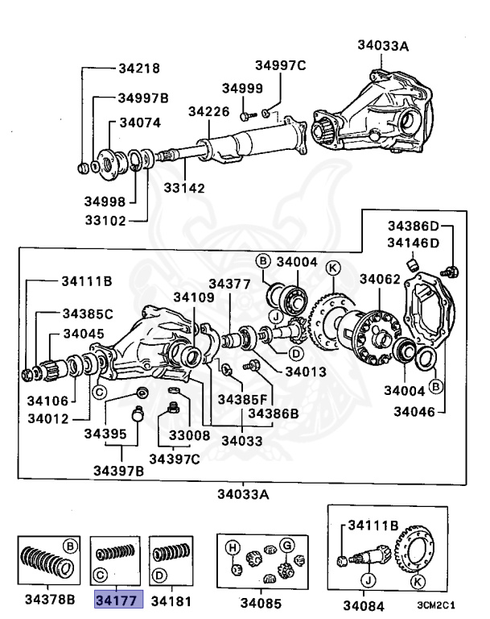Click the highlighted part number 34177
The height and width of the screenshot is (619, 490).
click(118, 600)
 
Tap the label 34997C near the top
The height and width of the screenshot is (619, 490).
click(281, 65)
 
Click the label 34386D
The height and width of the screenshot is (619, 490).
click(414, 226)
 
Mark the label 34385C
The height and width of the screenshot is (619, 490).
click(88, 313)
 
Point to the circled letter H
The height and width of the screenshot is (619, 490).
click(233, 547)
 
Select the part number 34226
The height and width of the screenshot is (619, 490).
click(210, 111)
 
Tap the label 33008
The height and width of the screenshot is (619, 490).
click(189, 434)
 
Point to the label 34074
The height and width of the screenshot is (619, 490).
click(140, 123)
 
